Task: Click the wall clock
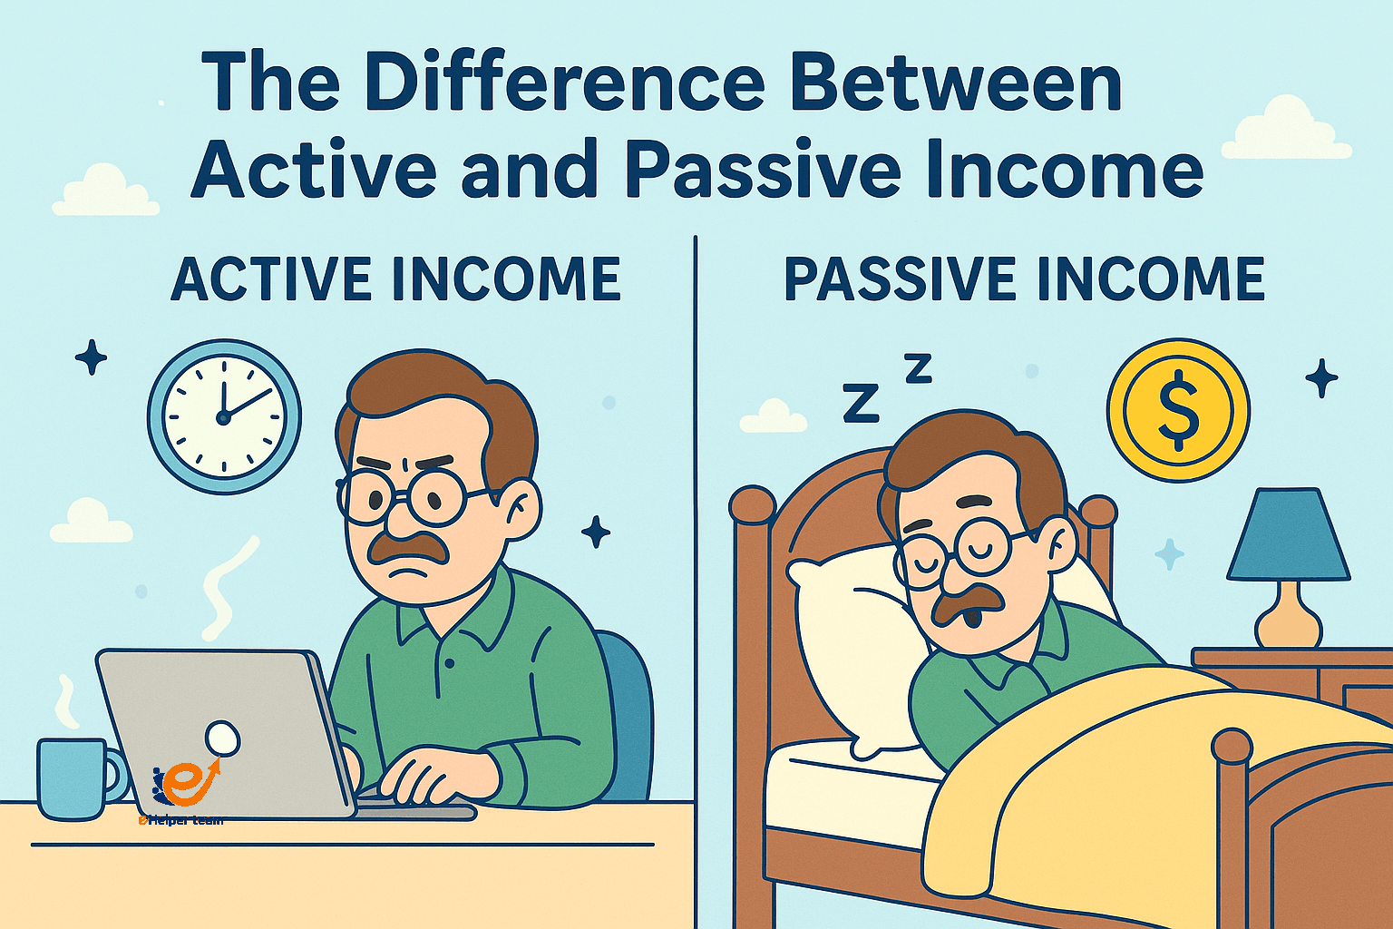point(224,416)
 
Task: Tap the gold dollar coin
point(1178,410)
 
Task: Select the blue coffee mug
point(73,778)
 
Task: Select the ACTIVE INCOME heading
point(395,279)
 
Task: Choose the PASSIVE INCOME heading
point(1024,279)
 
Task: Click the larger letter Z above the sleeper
point(861,403)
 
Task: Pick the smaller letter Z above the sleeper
point(918,367)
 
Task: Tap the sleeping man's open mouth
point(970,619)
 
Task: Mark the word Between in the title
point(956,83)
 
